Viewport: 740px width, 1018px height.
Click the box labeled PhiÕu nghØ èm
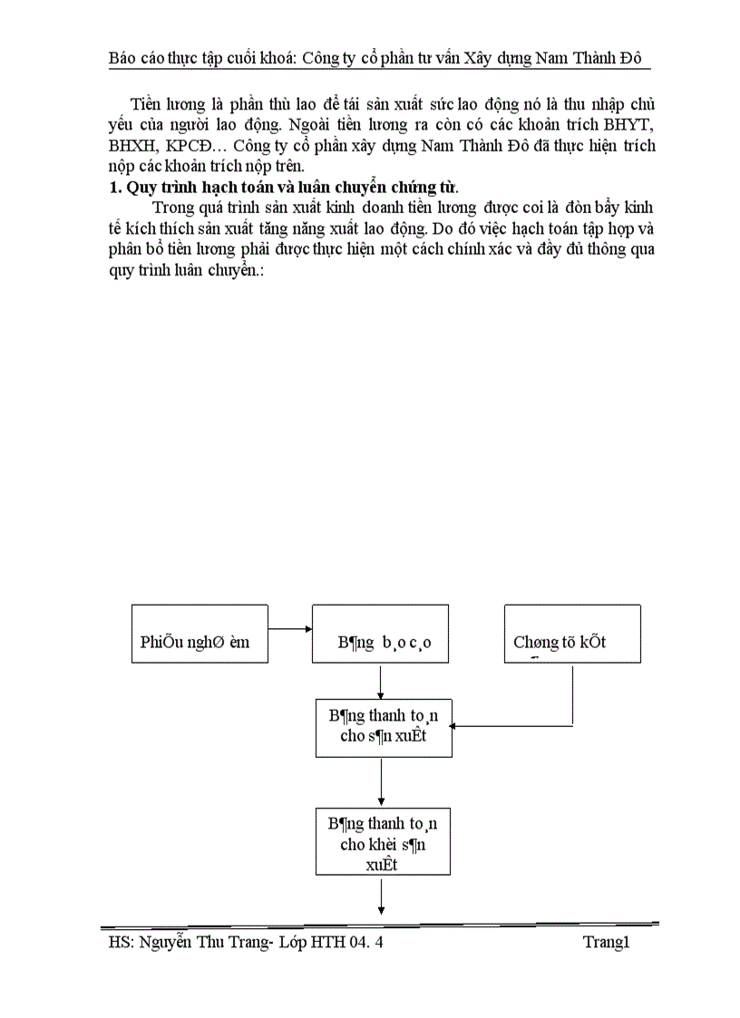click(x=200, y=634)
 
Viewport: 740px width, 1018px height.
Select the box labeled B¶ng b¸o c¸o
click(x=381, y=634)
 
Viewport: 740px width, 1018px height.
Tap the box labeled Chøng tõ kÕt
click(x=572, y=634)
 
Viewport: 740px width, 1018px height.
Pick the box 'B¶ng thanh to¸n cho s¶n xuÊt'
click(x=383, y=727)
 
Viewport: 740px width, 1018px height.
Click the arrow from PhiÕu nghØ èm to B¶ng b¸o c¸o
click(x=289, y=627)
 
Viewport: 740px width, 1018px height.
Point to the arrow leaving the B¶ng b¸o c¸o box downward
click(x=381, y=680)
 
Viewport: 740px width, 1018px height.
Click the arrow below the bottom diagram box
click(x=382, y=897)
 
